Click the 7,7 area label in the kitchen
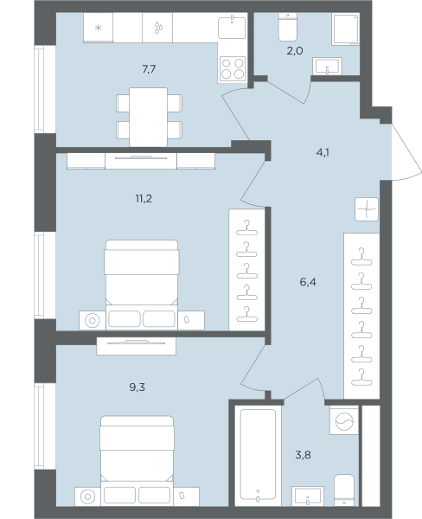[149, 69]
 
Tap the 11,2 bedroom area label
[144, 199]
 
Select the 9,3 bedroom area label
[137, 387]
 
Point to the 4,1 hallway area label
[323, 152]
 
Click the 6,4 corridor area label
[308, 282]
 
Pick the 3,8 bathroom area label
[303, 455]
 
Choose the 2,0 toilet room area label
[295, 51]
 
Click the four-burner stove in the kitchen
[233, 69]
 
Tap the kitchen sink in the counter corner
[233, 28]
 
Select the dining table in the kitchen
[148, 117]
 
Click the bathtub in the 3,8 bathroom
[258, 454]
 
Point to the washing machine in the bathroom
[344, 420]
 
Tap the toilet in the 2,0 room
[288, 27]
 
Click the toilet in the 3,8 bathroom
[344, 490]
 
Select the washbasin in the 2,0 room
[328, 66]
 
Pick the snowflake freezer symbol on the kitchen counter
[99, 28]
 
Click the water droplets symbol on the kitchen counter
[158, 28]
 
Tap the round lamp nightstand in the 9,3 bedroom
[87, 497]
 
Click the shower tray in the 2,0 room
[346, 29]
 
